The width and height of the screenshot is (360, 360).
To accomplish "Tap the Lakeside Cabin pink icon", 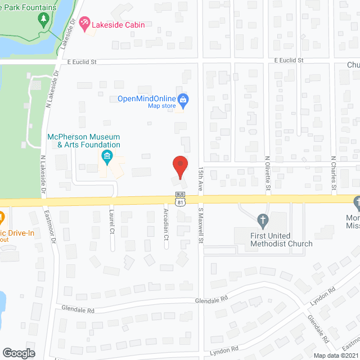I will [x=84, y=24].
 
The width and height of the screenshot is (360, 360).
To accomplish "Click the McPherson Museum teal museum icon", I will [x=105, y=156].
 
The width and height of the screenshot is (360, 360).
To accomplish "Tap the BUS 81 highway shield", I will [x=179, y=200].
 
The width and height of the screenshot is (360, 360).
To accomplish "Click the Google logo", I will [x=19, y=353].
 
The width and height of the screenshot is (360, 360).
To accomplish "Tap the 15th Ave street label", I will [x=200, y=178].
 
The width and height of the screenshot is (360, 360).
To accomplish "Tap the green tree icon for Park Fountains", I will [x=43, y=20].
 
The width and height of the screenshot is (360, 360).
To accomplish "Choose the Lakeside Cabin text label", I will [x=119, y=24].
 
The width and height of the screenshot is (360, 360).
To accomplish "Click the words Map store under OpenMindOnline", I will [x=159, y=106].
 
